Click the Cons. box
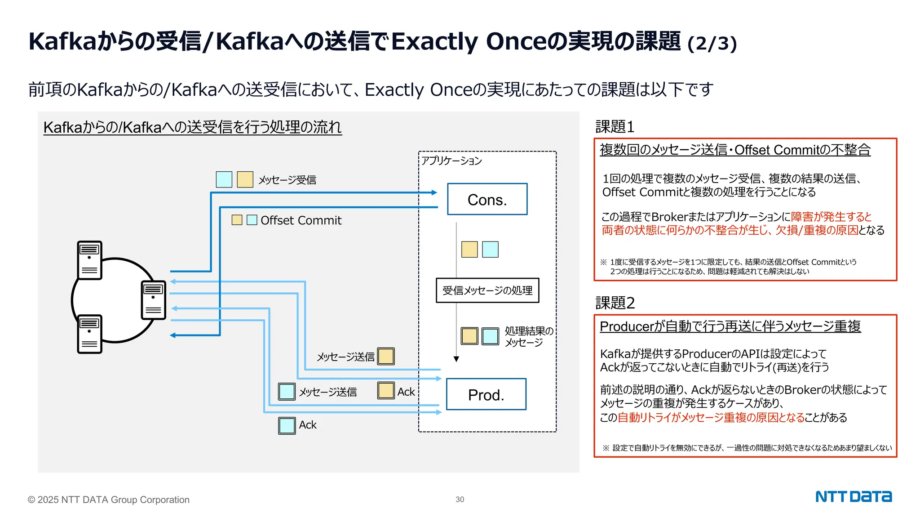pyautogui.click(x=487, y=199)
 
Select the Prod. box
pyautogui.click(x=486, y=394)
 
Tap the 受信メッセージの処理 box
pyautogui.click(x=487, y=290)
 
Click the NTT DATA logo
pyautogui.click(x=853, y=497)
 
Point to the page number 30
pyautogui.click(x=460, y=500)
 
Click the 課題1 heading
pyautogui.click(x=615, y=127)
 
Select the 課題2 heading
pyautogui.click(x=615, y=303)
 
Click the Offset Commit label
pyautogui.click(x=301, y=220)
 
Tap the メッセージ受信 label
pyautogui.click(x=287, y=180)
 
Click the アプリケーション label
pyautogui.click(x=451, y=161)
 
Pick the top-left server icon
pyautogui.click(x=89, y=260)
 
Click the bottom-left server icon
pyautogui.click(x=89, y=334)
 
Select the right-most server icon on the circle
pyautogui.click(x=153, y=300)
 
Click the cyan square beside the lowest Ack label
pyautogui.click(x=287, y=425)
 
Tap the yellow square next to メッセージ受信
pyautogui.click(x=245, y=179)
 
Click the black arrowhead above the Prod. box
pyautogui.click(x=456, y=359)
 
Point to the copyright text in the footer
pyautogui.click(x=109, y=500)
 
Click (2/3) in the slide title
pyautogui.click(x=712, y=44)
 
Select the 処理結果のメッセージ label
pyautogui.click(x=528, y=336)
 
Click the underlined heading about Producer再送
pyautogui.click(x=730, y=326)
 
